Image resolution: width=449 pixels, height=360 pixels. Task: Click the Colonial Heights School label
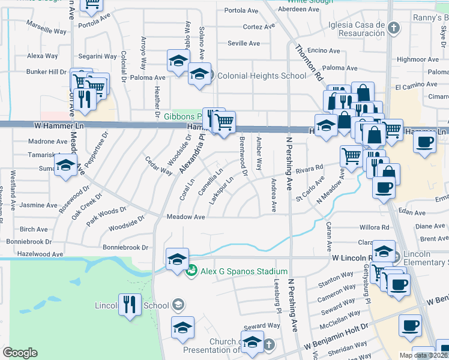click(x=261, y=76)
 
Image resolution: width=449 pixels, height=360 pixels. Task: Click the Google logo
click(x=20, y=353)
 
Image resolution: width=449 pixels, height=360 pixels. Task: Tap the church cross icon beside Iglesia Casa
click(x=393, y=28)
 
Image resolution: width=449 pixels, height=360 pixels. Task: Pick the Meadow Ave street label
click(x=186, y=217)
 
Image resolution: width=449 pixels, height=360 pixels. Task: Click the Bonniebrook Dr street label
click(x=125, y=247)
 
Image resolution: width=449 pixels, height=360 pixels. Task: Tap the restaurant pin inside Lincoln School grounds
click(x=130, y=304)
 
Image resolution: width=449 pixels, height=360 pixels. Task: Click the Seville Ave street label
click(x=244, y=43)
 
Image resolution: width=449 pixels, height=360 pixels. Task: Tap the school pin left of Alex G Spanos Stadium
click(x=177, y=259)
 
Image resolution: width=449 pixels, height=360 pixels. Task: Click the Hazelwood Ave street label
click(x=41, y=254)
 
